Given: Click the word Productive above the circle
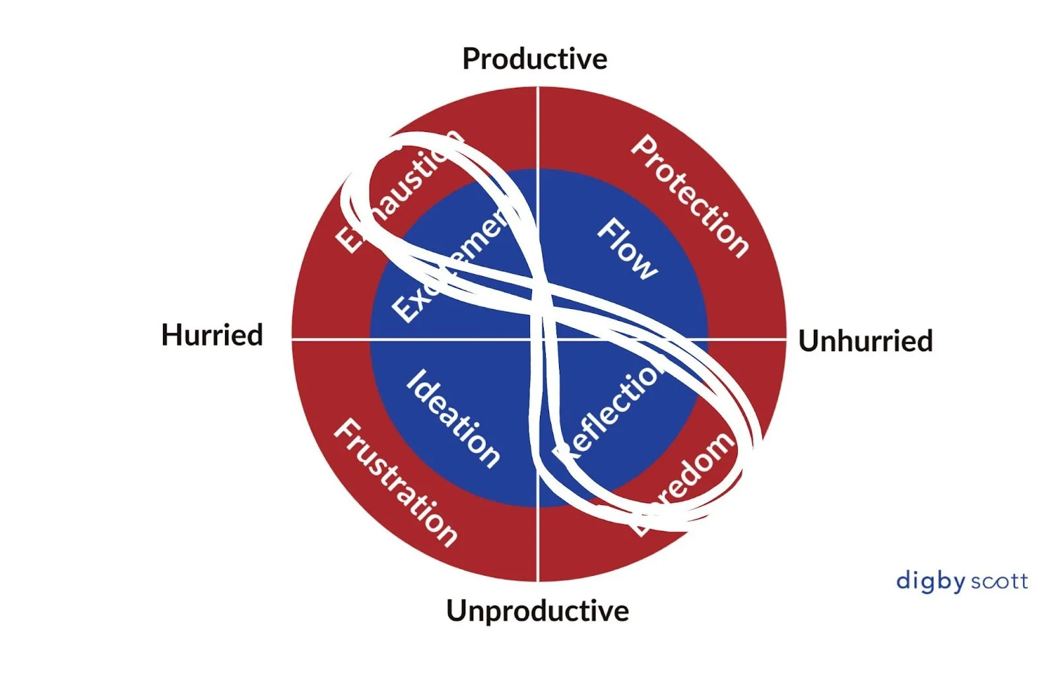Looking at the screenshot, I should pyautogui.click(x=535, y=59).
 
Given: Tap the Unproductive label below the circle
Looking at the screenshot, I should pyautogui.click(x=537, y=611).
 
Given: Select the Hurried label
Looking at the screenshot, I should pyautogui.click(x=212, y=335).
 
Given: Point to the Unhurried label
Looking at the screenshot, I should pyautogui.click(x=865, y=341).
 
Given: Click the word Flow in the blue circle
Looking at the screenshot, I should pyautogui.click(x=628, y=249).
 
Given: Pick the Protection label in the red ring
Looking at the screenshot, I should pyautogui.click(x=690, y=196).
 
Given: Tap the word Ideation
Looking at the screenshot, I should pyautogui.click(x=453, y=419).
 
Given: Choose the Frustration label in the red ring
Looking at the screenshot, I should pyautogui.click(x=395, y=483).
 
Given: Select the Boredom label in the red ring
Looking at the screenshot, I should pyautogui.click(x=683, y=482).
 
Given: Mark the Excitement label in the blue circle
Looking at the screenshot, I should pyautogui.click(x=449, y=267).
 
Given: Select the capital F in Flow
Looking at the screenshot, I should pyautogui.click(x=607, y=229).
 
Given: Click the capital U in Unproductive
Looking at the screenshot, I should pyautogui.click(x=457, y=611).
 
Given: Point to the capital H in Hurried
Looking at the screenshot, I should pyautogui.click(x=172, y=335).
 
